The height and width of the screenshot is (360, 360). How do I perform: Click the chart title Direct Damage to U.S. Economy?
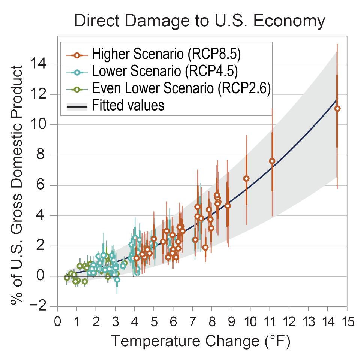click(x=199, y=21)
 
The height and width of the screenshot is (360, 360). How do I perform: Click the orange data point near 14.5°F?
click(x=337, y=109)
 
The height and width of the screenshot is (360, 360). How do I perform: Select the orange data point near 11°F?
click(x=272, y=161)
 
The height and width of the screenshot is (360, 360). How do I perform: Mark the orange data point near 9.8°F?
click(x=246, y=178)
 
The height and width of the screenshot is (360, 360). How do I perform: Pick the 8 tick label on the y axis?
click(x=46, y=155)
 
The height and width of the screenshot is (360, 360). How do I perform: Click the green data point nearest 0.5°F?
click(x=67, y=278)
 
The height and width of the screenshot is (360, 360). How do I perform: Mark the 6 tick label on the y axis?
click(x=46, y=185)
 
